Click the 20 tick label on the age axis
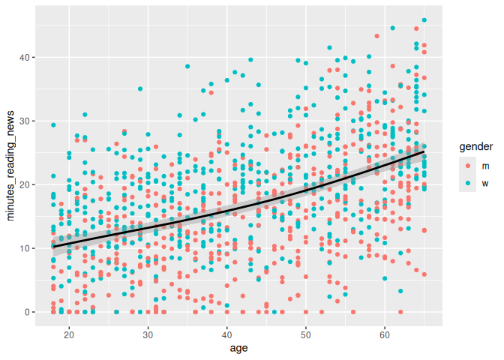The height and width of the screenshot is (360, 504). (x=69, y=334)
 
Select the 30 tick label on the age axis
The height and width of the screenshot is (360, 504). (x=148, y=334)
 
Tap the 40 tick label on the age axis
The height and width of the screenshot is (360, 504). (x=226, y=334)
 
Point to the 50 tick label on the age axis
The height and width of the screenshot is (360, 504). (x=305, y=334)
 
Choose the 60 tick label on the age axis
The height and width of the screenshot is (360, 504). (x=385, y=334)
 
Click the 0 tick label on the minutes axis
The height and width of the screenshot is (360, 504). (x=26, y=312)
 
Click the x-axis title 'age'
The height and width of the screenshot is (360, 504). (x=238, y=349)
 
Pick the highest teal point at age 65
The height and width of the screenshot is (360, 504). (x=424, y=20)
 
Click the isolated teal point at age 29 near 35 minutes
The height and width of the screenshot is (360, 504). (x=140, y=89)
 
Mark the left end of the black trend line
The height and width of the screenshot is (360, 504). (x=54, y=246)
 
